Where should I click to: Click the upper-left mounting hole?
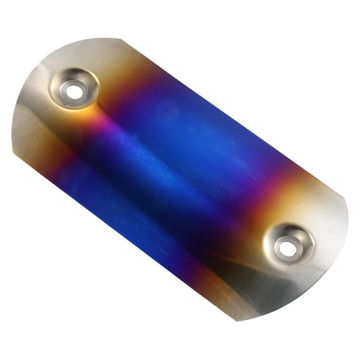74,92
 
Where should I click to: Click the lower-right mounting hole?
287,248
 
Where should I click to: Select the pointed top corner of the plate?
118,39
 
